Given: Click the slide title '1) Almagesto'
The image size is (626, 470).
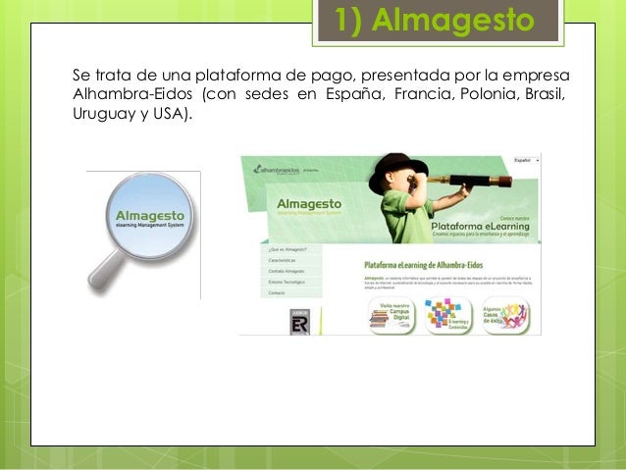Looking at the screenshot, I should [437, 20].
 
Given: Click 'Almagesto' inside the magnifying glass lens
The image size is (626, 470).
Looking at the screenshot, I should [148, 214].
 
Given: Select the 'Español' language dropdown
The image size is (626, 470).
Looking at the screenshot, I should [526, 160].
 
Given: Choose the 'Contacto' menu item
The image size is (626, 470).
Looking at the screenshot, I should [278, 292].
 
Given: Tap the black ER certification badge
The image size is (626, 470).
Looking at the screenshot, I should [299, 323].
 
